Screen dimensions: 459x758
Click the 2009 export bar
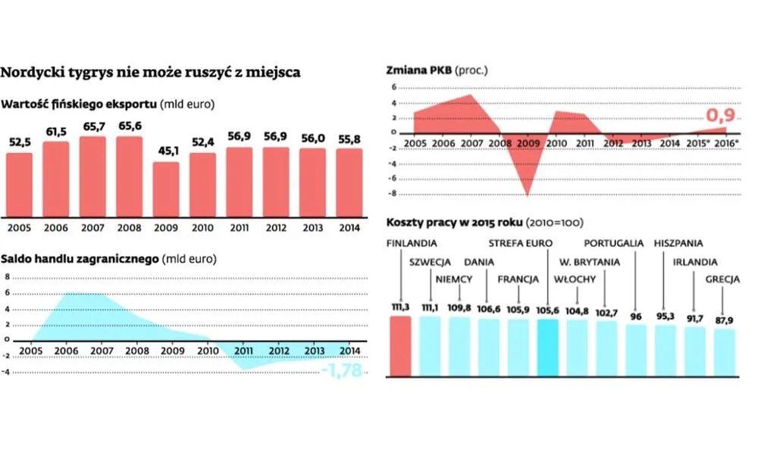(x=166, y=189)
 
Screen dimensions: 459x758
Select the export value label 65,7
(x=92, y=126)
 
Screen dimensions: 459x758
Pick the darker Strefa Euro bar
(x=547, y=347)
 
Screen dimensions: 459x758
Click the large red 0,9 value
(x=721, y=116)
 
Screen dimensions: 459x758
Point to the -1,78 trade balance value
(x=342, y=370)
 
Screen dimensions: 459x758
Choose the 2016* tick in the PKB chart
(x=727, y=142)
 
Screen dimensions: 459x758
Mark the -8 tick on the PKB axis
(x=393, y=194)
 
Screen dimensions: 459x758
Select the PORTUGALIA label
(x=614, y=244)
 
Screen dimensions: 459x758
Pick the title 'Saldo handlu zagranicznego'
(x=80, y=258)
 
